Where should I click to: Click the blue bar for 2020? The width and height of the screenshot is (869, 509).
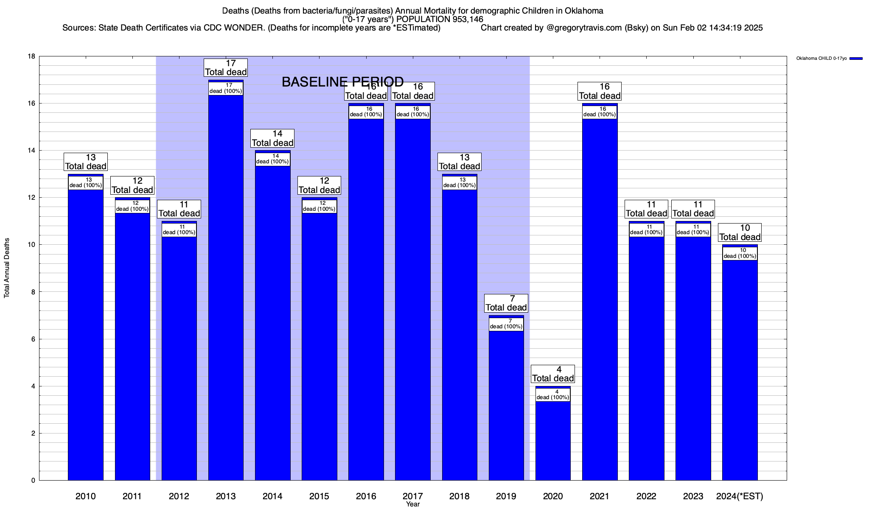[553, 441]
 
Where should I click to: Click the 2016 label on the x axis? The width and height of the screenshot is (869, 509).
[366, 496]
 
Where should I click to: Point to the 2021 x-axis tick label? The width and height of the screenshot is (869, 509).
[600, 496]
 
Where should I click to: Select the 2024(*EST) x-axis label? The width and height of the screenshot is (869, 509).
[740, 496]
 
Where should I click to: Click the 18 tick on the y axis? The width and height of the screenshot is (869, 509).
[31, 56]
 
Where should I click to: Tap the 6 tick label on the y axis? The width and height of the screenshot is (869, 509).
[33, 339]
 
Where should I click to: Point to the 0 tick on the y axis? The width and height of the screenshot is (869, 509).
[33, 480]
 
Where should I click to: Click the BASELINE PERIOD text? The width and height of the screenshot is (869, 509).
[342, 82]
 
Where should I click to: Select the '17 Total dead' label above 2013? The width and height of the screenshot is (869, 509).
[226, 68]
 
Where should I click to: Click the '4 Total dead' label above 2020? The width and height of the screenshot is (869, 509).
[553, 374]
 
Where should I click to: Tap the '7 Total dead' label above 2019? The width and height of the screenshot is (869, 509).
[506, 303]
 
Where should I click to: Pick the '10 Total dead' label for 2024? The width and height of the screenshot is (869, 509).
[740, 233]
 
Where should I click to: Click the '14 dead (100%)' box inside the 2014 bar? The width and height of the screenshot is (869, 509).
[272, 159]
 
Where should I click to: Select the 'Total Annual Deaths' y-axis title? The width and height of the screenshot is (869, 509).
[7, 268]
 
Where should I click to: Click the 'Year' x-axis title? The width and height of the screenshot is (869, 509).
[412, 504]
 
